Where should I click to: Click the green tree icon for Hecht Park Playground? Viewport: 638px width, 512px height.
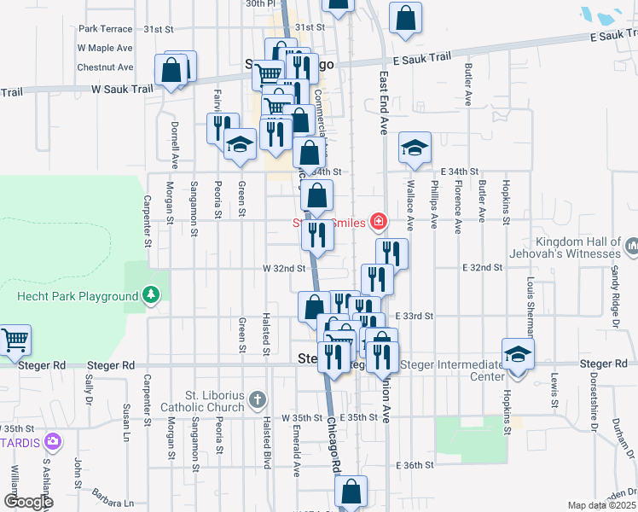(151, 295)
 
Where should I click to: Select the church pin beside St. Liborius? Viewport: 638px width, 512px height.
(258, 399)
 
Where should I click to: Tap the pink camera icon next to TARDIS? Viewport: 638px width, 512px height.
(53, 440)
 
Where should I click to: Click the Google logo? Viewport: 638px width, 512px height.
(28, 502)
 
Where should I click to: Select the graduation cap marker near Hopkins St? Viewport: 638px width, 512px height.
(518, 353)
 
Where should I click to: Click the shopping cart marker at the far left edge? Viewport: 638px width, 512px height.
(15, 340)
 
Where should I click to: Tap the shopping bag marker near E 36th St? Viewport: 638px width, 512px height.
(351, 492)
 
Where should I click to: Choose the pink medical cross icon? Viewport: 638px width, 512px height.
(378, 223)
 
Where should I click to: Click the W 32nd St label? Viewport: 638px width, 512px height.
(284, 268)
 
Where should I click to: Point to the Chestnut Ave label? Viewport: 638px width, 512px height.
(105, 67)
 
